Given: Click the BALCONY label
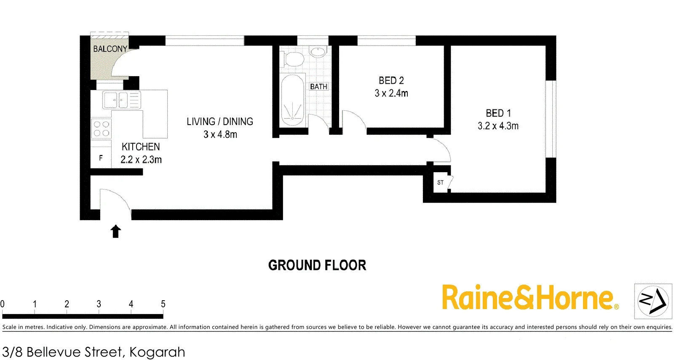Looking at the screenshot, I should click(x=110, y=49).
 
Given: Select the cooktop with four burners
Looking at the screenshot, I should click(x=102, y=128).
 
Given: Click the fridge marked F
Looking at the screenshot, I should click(x=101, y=158).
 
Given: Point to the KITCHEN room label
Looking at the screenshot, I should click(x=141, y=147).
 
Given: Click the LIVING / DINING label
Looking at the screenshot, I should click(x=220, y=122).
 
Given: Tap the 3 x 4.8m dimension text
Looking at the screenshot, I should click(x=220, y=135).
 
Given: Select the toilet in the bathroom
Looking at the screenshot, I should click(x=294, y=59).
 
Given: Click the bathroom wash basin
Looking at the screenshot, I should click(x=318, y=52).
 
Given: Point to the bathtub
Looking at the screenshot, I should click(x=292, y=100).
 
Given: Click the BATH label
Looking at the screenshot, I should click(x=318, y=87).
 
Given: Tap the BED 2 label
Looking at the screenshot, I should click(x=391, y=80).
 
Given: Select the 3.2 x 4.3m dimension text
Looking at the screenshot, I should click(x=498, y=126).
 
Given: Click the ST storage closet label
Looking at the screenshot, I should click(x=440, y=183).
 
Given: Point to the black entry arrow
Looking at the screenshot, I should click(x=116, y=232).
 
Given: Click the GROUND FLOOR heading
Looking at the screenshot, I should click(x=317, y=265).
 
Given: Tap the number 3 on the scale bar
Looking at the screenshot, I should click(x=99, y=304).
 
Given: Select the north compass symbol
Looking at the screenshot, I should click(x=653, y=301).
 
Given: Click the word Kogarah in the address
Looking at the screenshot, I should click(x=157, y=352).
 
